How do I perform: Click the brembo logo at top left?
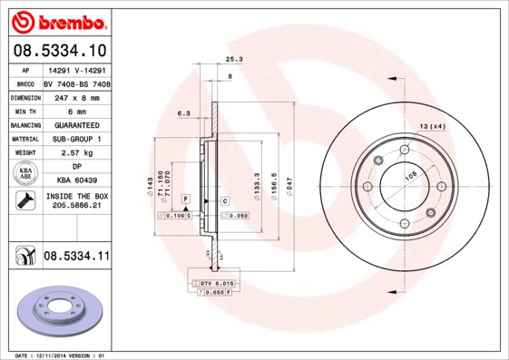click(57, 21)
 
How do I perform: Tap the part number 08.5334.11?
click(76, 258)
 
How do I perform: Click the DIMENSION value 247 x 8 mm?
click(76, 96)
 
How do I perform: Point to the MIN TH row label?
click(25, 111)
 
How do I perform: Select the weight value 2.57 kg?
click(76, 153)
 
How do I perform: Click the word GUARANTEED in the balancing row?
click(76, 124)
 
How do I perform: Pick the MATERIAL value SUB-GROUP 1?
click(76, 139)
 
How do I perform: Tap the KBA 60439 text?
click(76, 181)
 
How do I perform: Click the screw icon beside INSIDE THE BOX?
click(25, 201)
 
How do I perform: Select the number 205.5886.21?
click(76, 208)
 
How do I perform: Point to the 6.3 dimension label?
click(182, 113)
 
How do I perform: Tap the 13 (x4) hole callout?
click(433, 126)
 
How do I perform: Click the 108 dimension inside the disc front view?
click(410, 178)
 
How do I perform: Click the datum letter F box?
click(185, 199)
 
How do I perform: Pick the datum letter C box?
click(224, 199)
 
